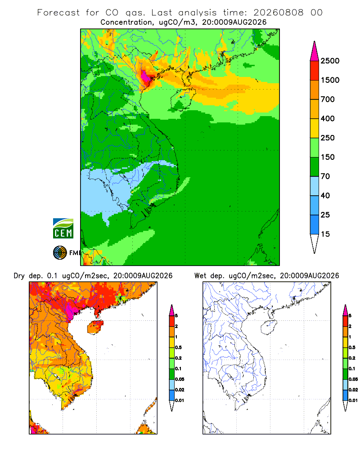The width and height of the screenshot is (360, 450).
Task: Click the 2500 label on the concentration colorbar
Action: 330,61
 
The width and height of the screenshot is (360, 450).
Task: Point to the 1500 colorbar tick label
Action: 330,80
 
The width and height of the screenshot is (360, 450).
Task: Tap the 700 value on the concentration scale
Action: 328,99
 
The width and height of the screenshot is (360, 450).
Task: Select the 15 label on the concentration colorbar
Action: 325,234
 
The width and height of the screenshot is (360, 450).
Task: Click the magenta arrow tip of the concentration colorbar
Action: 315,52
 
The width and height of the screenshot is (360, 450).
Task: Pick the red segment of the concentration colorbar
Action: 315,71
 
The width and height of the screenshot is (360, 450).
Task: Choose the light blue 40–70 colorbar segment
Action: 315,186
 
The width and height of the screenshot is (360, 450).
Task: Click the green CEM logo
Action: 63,229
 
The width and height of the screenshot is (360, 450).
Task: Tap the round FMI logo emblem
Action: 60,253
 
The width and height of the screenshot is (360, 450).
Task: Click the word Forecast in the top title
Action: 58,13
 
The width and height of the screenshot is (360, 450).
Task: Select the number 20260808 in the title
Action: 278,13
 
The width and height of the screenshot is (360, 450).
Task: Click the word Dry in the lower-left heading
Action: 19,276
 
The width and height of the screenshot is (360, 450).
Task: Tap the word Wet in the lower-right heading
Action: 200,276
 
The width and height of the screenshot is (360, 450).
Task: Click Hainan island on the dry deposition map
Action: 95,327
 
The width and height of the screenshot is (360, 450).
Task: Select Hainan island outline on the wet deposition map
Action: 269,328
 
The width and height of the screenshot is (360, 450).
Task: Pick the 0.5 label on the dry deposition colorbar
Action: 178,347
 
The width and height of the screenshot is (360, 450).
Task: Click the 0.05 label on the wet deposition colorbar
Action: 353,379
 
